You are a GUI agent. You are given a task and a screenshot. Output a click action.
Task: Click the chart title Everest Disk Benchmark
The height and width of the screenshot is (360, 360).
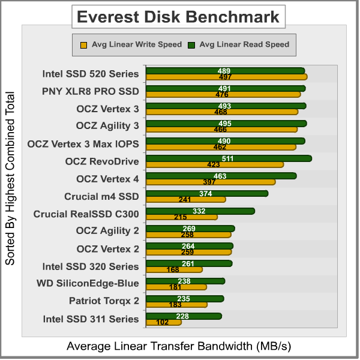pos(178,17)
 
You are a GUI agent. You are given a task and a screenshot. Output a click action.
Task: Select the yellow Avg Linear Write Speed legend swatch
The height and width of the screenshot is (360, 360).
pos(84,44)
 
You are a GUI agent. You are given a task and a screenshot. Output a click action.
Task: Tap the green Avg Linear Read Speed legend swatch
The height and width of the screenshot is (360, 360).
pos(191,44)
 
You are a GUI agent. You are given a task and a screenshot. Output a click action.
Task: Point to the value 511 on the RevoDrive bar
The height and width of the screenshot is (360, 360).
pos(228,158)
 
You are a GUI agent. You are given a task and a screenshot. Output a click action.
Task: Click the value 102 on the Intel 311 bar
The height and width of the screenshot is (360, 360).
pos(162,322)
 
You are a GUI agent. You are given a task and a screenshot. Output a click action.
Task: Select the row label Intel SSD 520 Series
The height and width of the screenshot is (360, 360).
pos(91,74)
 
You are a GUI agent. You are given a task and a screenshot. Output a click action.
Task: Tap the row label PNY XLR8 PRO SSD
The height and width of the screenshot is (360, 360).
pos(91,91)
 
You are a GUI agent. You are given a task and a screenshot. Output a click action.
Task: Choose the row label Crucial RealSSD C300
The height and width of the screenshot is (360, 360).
pos(86,214)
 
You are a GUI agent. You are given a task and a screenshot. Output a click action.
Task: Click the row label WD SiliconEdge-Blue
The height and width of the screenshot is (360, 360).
pos(88,283)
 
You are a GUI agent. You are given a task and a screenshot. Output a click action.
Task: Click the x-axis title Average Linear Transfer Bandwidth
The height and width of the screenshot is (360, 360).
pos(178,346)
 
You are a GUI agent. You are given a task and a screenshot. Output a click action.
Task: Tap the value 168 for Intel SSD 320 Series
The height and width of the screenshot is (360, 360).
pos(174,269)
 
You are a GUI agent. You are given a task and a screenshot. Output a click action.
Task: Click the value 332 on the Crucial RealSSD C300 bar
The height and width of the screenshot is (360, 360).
pos(199,211)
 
